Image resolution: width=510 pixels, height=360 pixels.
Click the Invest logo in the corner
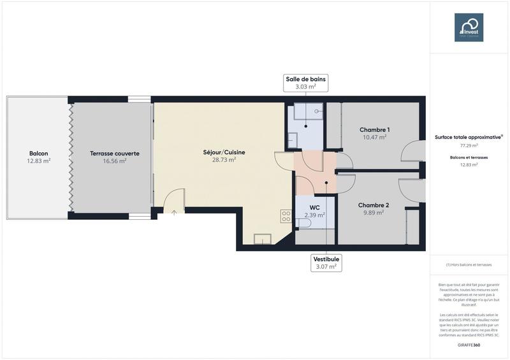tap(469, 27)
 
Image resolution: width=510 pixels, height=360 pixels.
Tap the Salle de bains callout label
tap(306, 83)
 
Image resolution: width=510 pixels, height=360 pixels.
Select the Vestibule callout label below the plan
tap(326, 263)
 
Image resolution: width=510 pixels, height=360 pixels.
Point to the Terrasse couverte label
tap(115, 153)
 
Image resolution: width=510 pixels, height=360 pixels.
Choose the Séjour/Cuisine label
tap(224, 152)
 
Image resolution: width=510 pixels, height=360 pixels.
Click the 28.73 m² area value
tap(224, 160)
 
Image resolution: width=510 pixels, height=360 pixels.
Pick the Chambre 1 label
tap(374, 129)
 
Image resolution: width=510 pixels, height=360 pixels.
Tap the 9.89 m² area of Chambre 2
tap(373, 213)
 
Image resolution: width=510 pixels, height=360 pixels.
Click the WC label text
tap(314, 208)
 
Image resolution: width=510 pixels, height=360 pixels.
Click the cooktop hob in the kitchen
tap(285, 216)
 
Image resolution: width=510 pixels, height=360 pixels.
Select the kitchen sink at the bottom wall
tap(262, 240)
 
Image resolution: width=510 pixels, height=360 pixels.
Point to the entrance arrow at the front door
tap(173, 212)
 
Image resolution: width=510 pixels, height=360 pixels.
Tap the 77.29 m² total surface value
tap(469, 145)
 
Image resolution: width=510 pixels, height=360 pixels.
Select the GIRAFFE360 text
tap(469, 345)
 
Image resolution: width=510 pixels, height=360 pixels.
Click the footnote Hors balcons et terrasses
tap(469, 264)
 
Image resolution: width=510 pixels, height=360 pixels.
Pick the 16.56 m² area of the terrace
tap(115, 161)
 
